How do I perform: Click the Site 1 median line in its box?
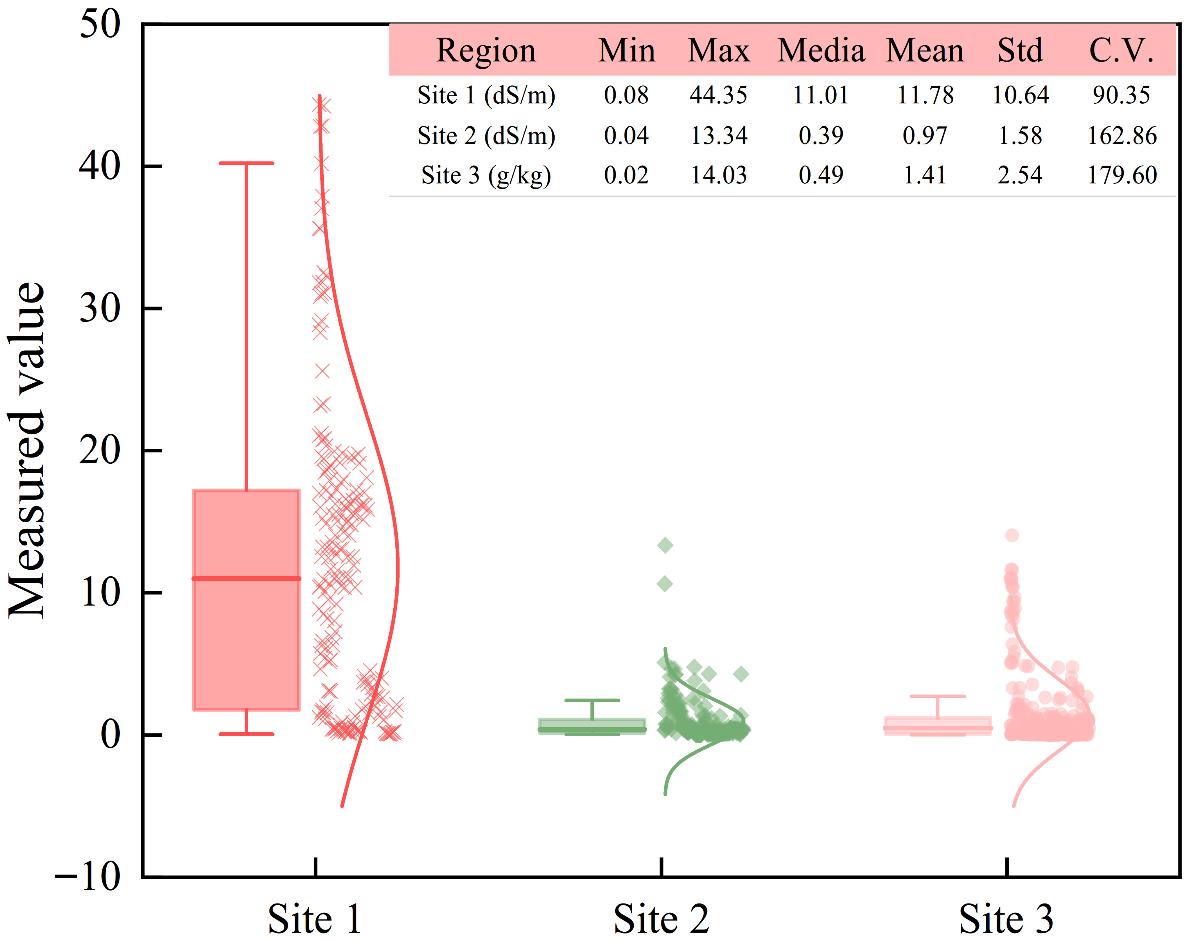pyautogui.click(x=246, y=578)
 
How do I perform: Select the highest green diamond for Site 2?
pyautogui.click(x=665, y=545)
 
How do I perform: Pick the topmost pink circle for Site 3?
pyautogui.click(x=1012, y=535)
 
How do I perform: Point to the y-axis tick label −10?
pyautogui.click(x=88, y=876)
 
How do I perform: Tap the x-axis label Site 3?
pyautogui.click(x=1007, y=919)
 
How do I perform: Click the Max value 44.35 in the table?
pyautogui.click(x=719, y=95)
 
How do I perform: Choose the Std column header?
pyautogui.click(x=1020, y=51)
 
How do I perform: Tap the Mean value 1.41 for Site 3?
pyautogui.click(x=925, y=176)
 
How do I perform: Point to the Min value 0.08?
pyautogui.click(x=626, y=95)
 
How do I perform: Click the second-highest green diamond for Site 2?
pyautogui.click(x=665, y=584)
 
